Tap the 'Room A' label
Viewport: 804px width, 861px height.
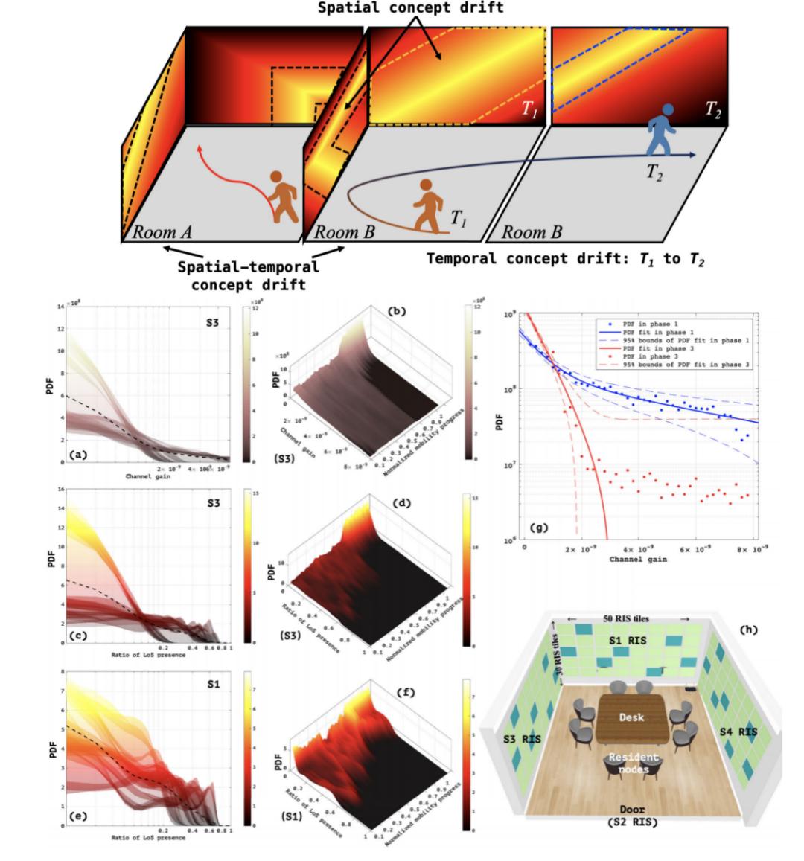coord(162,231)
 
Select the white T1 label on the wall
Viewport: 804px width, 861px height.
coord(529,109)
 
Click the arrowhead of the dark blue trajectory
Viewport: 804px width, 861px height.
coord(692,154)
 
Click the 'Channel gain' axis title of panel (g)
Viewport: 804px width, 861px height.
coord(639,557)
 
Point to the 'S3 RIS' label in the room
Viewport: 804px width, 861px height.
coord(521,739)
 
